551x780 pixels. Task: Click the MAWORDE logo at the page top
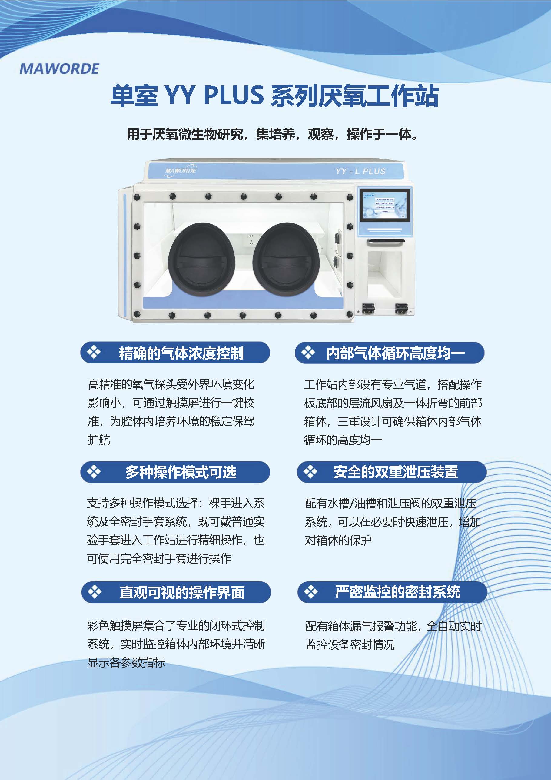tap(59, 69)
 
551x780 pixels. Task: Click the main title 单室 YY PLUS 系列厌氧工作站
tap(275, 96)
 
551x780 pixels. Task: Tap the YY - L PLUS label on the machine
tap(360, 171)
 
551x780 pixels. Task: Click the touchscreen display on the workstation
tap(385, 205)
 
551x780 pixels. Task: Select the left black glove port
tap(202, 259)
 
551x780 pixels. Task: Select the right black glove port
tap(286, 259)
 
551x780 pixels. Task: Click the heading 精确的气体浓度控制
tap(181, 353)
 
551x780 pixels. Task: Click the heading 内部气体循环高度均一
tap(396, 353)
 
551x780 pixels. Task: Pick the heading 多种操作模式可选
tap(181, 472)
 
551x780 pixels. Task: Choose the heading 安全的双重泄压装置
tap(396, 472)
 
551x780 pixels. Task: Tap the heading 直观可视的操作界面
tap(182, 592)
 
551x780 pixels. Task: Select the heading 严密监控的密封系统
tap(397, 592)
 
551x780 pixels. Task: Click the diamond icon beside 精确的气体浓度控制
tap(93, 352)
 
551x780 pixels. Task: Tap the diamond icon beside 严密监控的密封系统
tap(310, 592)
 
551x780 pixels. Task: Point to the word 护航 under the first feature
tap(99, 440)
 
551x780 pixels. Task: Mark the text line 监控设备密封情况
tap(350, 644)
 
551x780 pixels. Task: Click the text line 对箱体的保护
tap(338, 540)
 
